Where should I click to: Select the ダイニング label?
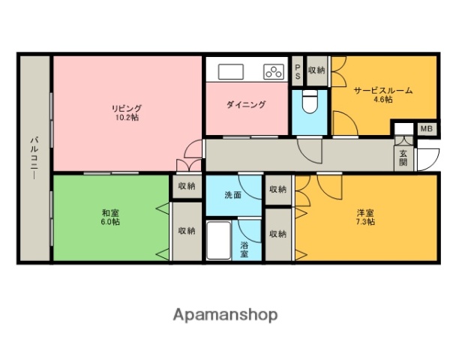click(x=246, y=105)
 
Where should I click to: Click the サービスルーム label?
click(x=382, y=91)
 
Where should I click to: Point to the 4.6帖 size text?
click(x=382, y=100)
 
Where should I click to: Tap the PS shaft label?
click(x=297, y=72)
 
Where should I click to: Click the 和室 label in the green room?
click(x=109, y=211)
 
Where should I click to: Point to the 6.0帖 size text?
click(x=109, y=222)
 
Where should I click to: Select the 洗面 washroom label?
click(x=232, y=195)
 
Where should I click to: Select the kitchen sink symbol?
click(x=229, y=72)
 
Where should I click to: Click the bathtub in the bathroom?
click(x=219, y=240)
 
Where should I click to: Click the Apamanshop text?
click(x=225, y=315)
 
